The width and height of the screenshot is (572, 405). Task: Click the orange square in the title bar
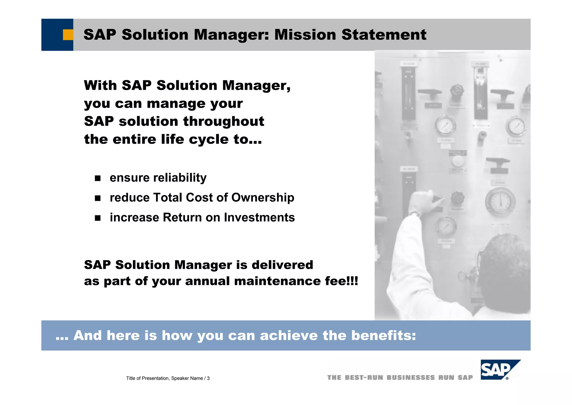click(x=68, y=35)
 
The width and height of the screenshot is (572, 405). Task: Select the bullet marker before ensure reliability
click(x=97, y=178)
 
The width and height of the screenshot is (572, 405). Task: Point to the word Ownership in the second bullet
click(x=263, y=197)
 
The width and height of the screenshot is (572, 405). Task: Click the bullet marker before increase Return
click(x=97, y=218)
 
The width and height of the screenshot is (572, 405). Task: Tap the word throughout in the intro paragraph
click(x=223, y=121)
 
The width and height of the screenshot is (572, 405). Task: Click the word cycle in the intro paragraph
click(x=209, y=139)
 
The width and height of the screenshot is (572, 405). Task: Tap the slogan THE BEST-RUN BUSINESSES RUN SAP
click(x=400, y=378)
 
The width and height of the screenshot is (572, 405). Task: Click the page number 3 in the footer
click(x=208, y=378)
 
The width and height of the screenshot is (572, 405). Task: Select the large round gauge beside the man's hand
click(x=500, y=202)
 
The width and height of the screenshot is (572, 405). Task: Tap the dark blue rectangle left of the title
click(x=52, y=35)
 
